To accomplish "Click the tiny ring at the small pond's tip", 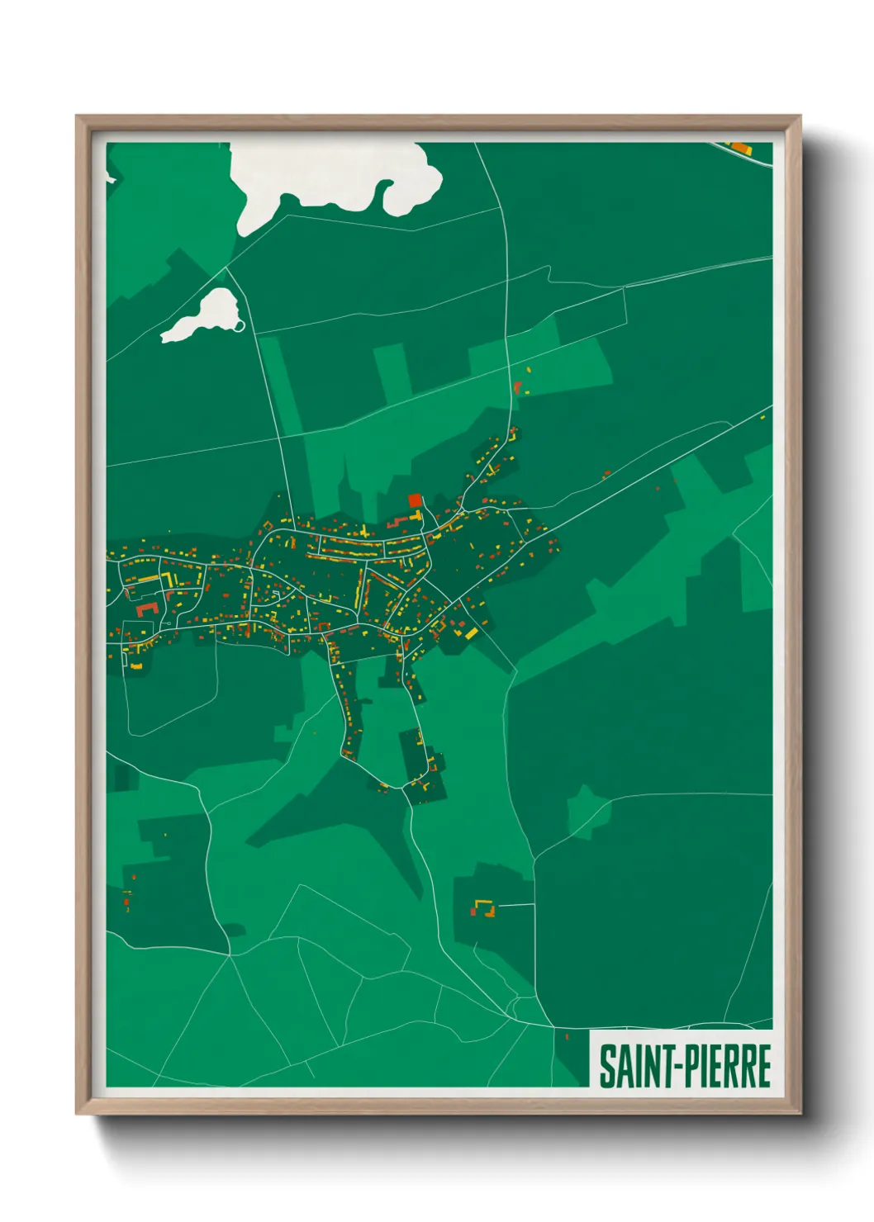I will [x=240, y=325].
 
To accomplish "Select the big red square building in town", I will [x=415, y=500].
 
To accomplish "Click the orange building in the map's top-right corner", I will [x=738, y=148].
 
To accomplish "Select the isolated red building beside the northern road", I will [x=518, y=386].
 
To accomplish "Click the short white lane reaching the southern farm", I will [x=516, y=906].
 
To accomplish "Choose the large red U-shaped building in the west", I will [x=147, y=609].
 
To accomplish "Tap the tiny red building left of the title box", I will [x=567, y=1035].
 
